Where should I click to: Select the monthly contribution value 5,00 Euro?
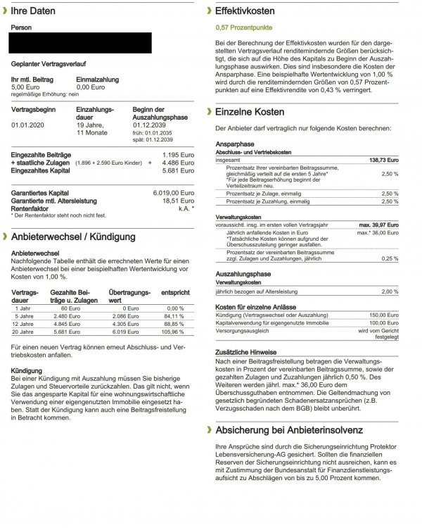pos(27,87)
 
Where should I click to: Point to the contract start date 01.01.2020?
pos(27,125)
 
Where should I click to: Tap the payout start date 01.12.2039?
pos(148,125)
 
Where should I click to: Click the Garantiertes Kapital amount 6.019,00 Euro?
pos(174,192)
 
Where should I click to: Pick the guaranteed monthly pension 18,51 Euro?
pos(179,200)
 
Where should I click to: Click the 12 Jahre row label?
pos(23,325)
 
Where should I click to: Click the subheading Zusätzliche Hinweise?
pos(245,352)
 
